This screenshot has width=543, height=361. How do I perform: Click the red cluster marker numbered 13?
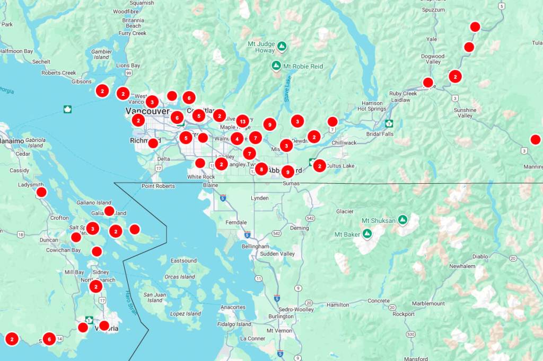(242, 121)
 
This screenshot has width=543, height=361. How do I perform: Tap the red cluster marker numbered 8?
(261, 169)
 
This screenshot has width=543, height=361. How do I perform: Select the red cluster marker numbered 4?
(237, 139)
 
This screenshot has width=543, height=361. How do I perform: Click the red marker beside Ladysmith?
(41, 192)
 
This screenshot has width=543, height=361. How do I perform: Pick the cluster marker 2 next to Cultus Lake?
(319, 166)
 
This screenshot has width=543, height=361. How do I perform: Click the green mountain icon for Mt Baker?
(366, 233)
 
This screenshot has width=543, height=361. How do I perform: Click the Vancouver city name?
(147, 111)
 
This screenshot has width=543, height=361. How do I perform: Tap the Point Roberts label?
(159, 186)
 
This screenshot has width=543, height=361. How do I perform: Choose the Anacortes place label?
(233, 307)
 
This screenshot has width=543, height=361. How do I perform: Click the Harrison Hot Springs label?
(372, 106)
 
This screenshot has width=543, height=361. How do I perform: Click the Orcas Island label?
(180, 277)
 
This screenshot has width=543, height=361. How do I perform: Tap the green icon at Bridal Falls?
(389, 124)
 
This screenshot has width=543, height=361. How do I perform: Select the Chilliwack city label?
(344, 143)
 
